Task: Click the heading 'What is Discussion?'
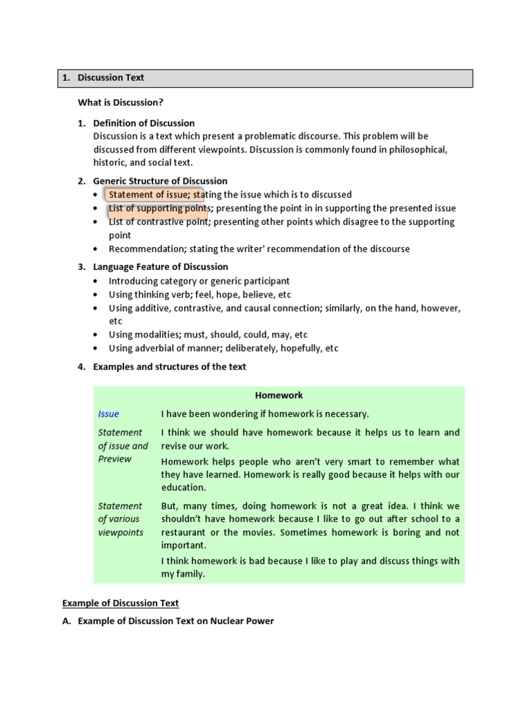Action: point(121,102)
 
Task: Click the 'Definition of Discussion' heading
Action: point(144,123)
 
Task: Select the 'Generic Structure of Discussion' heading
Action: point(160,182)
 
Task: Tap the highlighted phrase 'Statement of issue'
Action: point(146,195)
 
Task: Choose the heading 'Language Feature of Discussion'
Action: point(160,267)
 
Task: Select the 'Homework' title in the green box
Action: point(279,396)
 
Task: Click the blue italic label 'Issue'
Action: point(108,414)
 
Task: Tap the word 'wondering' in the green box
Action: point(233,414)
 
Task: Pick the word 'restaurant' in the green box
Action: point(184,532)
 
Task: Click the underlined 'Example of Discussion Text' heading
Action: point(121,603)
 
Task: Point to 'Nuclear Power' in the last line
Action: point(244,621)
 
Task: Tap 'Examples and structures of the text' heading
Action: point(169,367)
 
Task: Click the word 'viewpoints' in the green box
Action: point(121,532)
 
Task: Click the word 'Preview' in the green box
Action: point(115,459)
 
